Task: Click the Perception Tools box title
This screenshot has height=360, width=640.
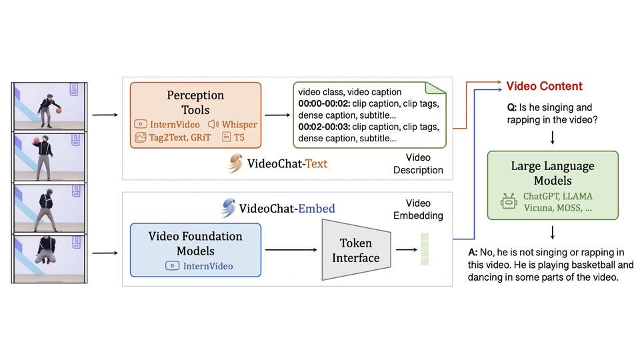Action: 196,103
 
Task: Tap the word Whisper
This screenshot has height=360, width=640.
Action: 239,124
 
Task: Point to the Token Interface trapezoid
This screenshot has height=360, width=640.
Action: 355,250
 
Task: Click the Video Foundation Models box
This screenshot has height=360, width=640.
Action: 195,249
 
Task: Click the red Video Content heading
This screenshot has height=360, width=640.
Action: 544,86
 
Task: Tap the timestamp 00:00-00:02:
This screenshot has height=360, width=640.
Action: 323,103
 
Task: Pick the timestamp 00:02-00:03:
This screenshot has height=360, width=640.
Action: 323,127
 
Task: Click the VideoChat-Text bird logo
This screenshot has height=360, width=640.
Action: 235,163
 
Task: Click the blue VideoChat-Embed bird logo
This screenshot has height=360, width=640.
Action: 229,208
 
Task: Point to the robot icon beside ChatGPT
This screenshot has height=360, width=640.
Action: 509,201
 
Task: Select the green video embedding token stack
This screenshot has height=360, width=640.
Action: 425,248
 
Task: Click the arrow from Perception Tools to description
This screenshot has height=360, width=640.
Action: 277,115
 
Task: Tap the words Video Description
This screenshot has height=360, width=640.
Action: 419,164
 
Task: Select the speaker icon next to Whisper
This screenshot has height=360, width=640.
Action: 213,124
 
